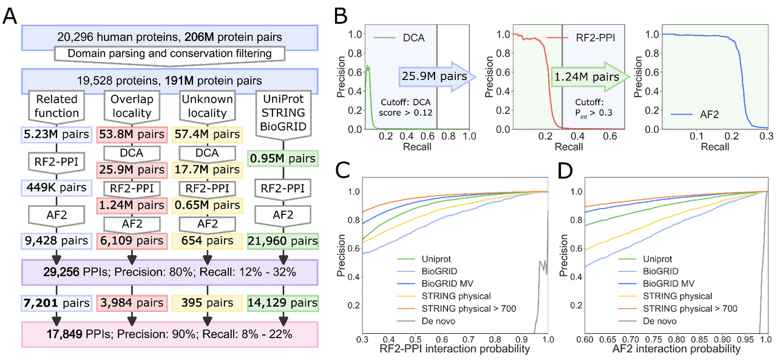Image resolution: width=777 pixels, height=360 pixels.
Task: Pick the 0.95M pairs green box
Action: point(282,160)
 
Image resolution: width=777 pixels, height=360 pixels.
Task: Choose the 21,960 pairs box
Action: point(282,241)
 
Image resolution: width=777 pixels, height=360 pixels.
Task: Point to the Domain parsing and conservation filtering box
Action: point(169,53)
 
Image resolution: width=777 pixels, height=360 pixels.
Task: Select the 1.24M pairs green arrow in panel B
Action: point(585,77)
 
